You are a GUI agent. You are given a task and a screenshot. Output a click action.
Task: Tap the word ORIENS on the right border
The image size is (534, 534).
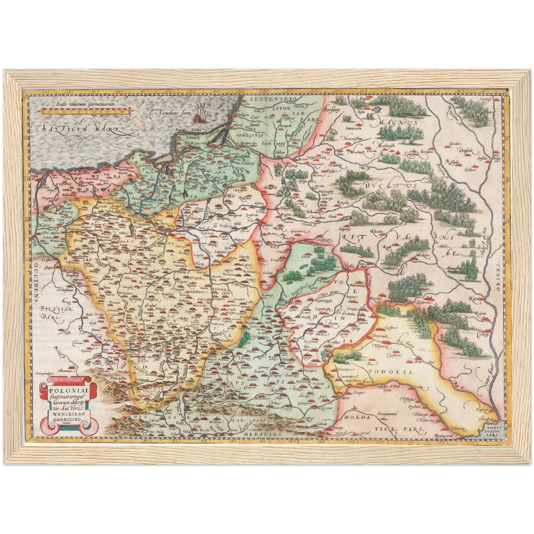499,277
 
